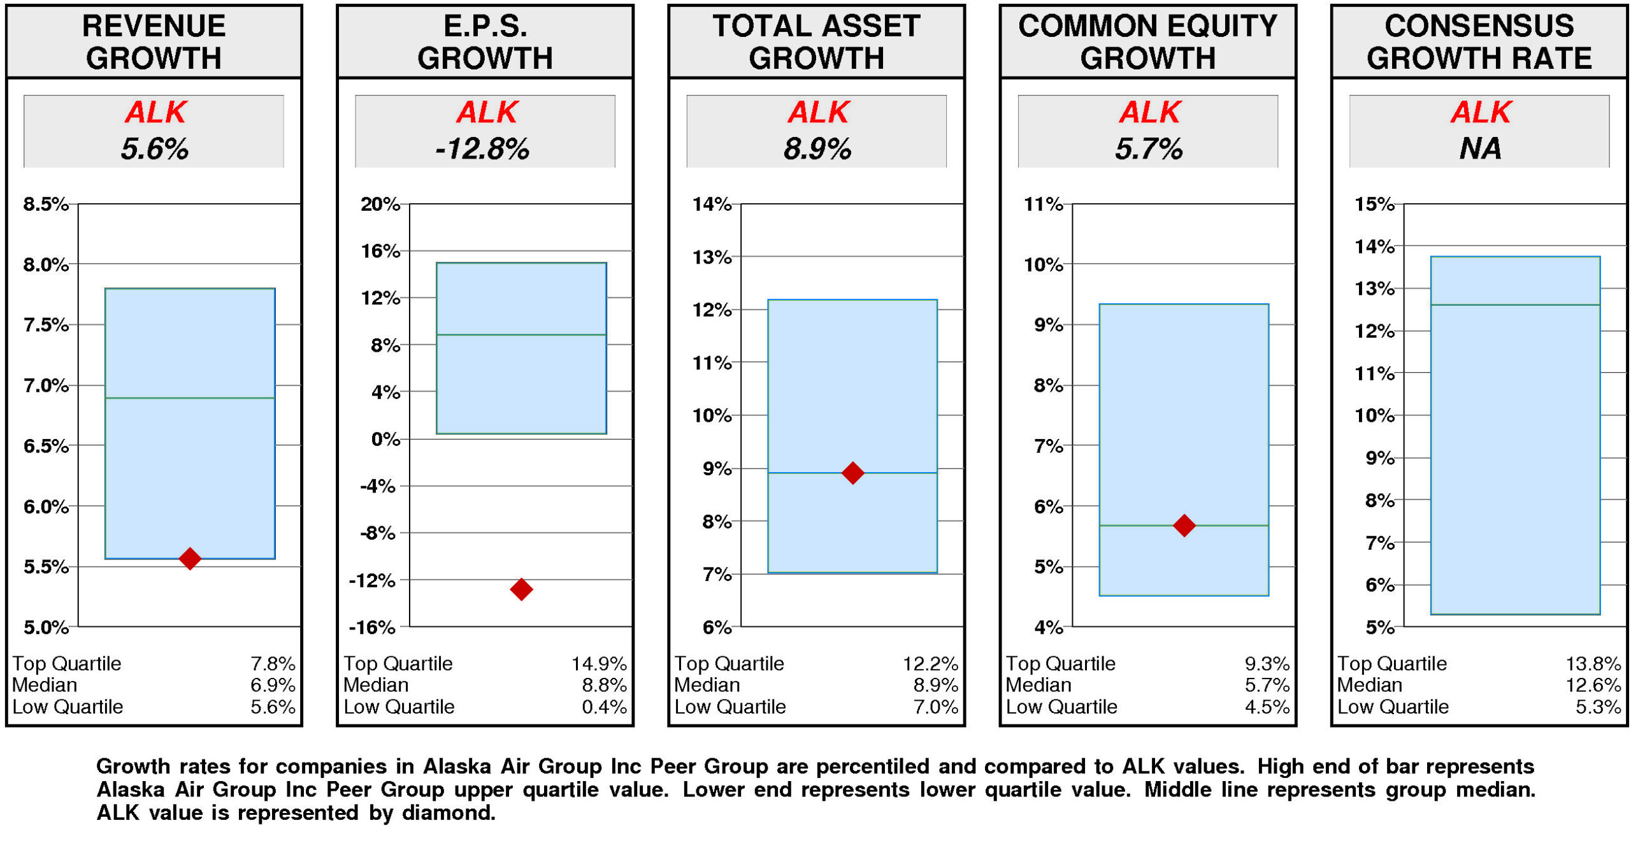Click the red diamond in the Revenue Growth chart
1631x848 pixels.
click(x=189, y=559)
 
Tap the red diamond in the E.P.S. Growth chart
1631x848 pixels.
click(x=521, y=589)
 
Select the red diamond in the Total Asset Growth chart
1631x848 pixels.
click(x=852, y=473)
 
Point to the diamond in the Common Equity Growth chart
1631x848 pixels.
click(x=1184, y=526)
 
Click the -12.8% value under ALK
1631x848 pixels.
click(x=482, y=149)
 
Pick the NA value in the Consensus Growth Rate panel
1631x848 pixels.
click(x=1479, y=149)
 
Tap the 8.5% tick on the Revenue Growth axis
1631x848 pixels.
click(x=46, y=204)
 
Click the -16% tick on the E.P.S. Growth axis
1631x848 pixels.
click(x=372, y=628)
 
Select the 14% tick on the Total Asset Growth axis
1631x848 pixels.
click(x=712, y=204)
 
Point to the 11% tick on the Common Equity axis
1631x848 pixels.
click(x=1043, y=204)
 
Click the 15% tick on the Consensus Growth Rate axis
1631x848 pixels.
click(x=1374, y=204)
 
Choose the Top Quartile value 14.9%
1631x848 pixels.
click(x=598, y=664)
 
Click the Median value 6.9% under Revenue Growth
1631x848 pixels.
click(x=273, y=686)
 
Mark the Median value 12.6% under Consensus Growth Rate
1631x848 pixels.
click(x=1593, y=686)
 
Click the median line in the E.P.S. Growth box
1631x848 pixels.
click(x=521, y=334)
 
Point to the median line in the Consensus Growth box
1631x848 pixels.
click(x=1515, y=305)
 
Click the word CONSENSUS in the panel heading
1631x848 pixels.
click(x=1479, y=27)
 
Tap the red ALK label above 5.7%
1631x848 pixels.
click(x=1149, y=113)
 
